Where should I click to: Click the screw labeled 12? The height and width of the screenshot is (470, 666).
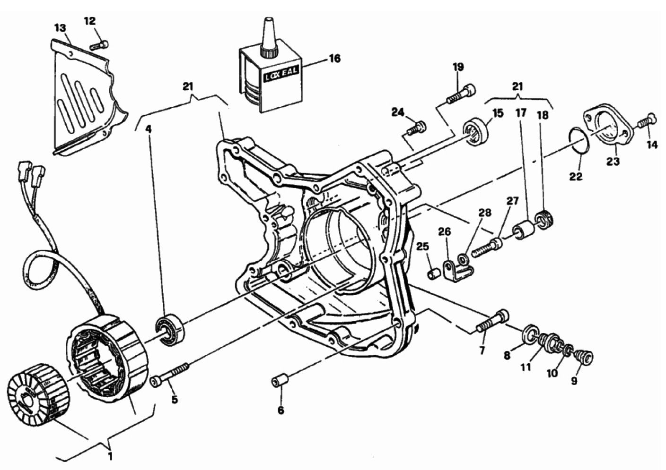point(99,45)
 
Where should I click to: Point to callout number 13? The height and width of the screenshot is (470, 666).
point(60,28)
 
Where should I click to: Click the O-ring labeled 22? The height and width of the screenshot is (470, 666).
point(578,141)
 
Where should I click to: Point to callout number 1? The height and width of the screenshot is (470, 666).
point(110,456)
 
